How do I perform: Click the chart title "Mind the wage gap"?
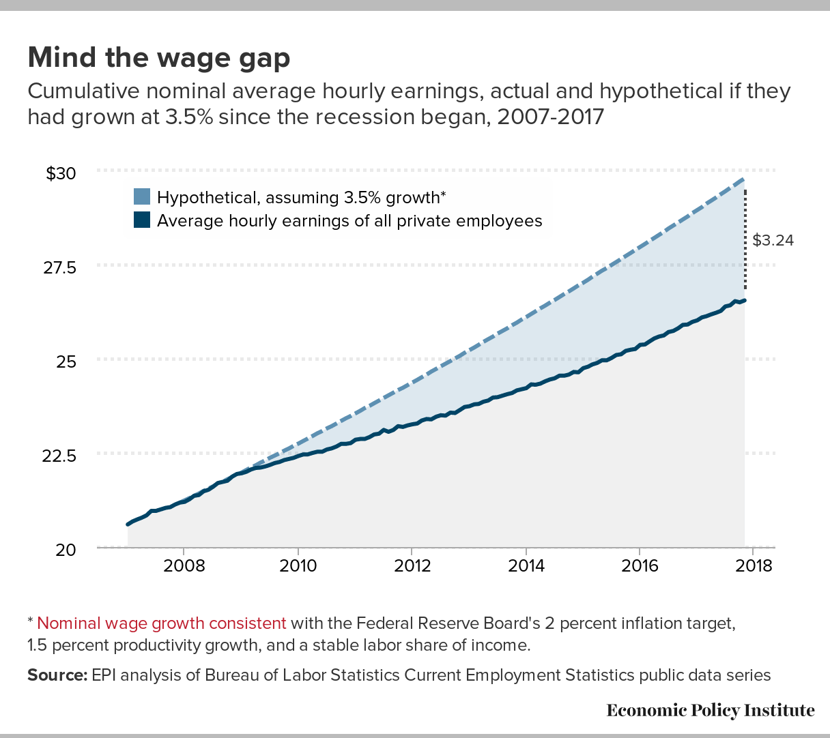click(x=159, y=58)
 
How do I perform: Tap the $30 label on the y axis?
click(x=61, y=173)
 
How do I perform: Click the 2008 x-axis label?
click(x=184, y=566)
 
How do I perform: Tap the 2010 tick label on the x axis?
click(x=298, y=566)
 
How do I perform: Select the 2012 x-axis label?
click(x=412, y=566)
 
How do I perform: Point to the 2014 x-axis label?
click(x=526, y=566)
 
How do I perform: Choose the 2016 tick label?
click(x=640, y=566)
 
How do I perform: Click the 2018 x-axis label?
click(x=754, y=566)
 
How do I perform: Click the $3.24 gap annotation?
click(x=773, y=240)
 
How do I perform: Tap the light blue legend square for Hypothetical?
click(x=142, y=197)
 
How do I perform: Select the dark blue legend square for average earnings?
click(x=142, y=220)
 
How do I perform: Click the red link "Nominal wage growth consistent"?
click(x=162, y=623)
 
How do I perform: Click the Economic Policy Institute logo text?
click(x=711, y=710)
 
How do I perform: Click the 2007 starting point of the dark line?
click(x=128, y=524)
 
